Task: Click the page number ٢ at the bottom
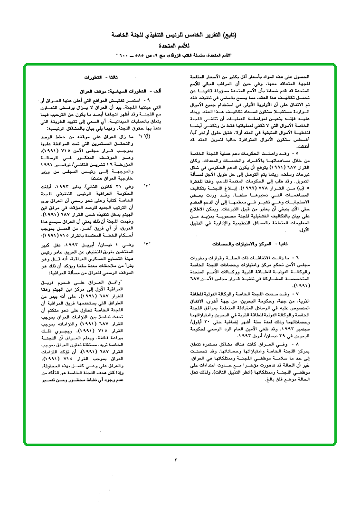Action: point(175,460)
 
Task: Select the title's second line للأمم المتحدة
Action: point(179,46)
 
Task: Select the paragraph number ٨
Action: point(296,342)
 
